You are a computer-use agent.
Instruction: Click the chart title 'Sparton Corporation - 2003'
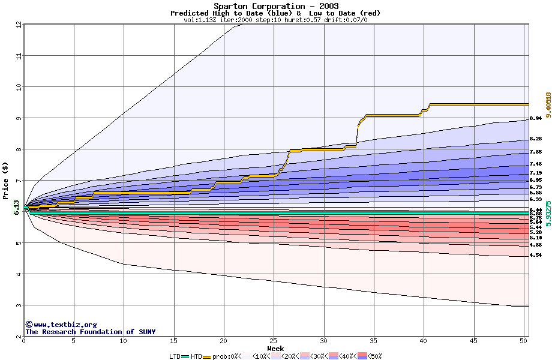[x=275, y=6]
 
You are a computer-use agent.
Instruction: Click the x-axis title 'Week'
[x=275, y=348]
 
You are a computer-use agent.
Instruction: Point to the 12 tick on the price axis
[x=18, y=25]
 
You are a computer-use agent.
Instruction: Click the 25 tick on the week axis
[x=274, y=341]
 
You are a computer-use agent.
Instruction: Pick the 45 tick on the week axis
[x=473, y=341]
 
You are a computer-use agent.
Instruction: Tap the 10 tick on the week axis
[x=124, y=341]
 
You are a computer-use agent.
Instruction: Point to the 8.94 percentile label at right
[x=536, y=118]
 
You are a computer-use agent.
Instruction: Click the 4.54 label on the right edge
[x=536, y=255]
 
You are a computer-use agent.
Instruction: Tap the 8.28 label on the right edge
[x=536, y=139]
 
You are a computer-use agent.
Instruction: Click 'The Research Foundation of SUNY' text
[x=91, y=332]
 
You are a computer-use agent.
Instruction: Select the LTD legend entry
[x=175, y=356]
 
